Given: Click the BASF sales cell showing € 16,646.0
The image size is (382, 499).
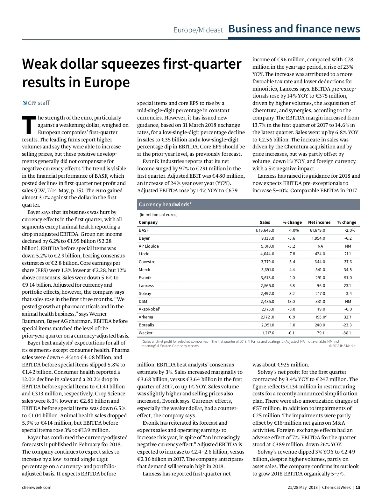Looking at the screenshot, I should tap(265, 230).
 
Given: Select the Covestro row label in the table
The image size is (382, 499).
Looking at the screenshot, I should tap(147, 262).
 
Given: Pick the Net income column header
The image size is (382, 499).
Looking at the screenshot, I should tap(319, 222).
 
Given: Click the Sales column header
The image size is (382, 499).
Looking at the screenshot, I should tap(265, 222).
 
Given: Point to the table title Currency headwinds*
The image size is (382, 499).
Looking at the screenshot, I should tap(165, 205).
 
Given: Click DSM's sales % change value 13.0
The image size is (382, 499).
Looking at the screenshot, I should tap(291, 302).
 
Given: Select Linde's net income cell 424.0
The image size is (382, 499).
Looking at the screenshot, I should tap(320, 254).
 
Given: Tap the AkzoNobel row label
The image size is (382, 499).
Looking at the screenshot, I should tap(149, 309).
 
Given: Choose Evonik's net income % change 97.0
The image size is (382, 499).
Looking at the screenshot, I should tap(348, 278).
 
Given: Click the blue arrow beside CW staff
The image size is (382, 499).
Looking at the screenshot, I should tap(25, 103).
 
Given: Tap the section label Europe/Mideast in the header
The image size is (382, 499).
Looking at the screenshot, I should tap(198, 30).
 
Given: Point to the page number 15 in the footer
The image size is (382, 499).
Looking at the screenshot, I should tap(358, 488).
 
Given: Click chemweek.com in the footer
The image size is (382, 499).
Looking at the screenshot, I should tap(37, 488).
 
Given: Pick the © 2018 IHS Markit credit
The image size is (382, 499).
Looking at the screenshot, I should tap(342, 346).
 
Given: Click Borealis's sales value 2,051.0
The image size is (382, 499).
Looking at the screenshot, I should tap(267, 325).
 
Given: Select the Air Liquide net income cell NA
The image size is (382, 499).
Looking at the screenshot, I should tap(320, 246).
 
